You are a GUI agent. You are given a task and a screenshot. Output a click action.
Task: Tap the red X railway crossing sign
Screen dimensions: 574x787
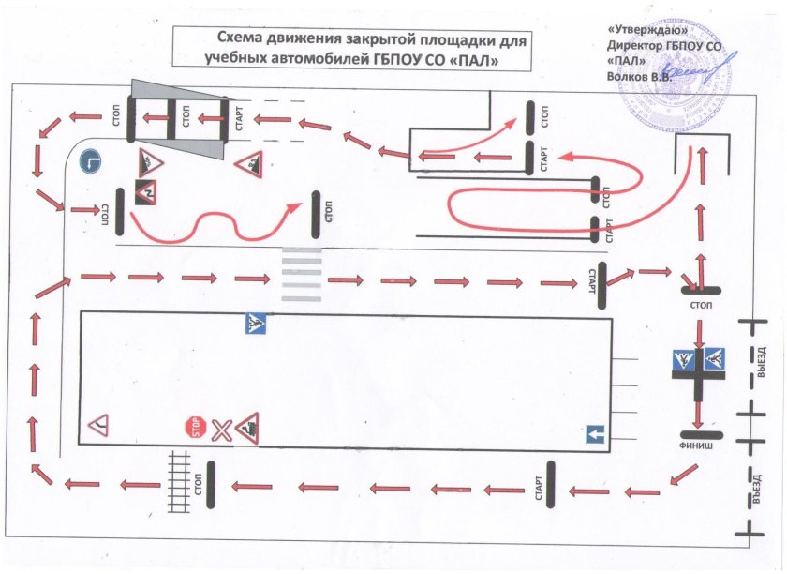pos(220,430)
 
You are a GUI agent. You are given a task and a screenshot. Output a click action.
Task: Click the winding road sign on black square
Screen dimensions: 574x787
pos(148,191)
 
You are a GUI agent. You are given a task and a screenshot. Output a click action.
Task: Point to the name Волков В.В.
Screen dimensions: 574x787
pos(641,76)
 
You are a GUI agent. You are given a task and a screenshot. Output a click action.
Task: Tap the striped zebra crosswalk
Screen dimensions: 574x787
pos(297,274)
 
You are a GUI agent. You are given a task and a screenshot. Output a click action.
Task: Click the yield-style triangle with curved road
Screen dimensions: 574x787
pos(99,428)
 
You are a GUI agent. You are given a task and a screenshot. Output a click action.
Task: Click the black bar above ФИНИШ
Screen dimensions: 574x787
pos(699,434)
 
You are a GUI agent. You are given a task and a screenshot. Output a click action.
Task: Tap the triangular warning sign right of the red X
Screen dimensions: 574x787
pos(247,429)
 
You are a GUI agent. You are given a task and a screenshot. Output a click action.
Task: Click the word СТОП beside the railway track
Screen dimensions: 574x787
pos(200,484)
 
